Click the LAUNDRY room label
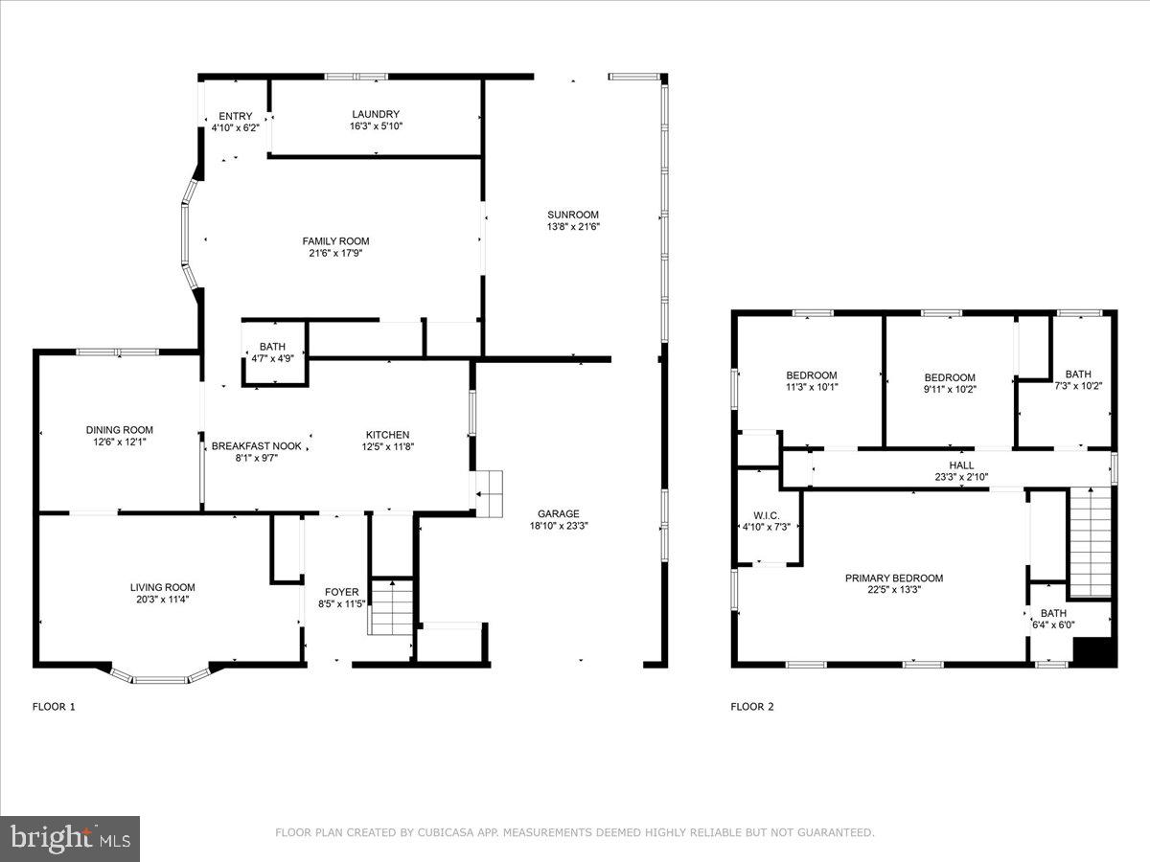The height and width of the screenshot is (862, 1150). (x=375, y=114)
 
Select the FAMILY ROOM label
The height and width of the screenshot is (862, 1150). (x=335, y=241)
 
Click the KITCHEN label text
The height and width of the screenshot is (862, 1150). (x=387, y=434)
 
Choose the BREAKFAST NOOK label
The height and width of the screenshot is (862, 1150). (x=256, y=445)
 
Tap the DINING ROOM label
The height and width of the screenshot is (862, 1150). (x=120, y=430)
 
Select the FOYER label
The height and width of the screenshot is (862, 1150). (x=341, y=592)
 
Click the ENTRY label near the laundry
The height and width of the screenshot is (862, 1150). (x=235, y=116)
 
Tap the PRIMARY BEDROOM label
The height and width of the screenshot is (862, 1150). (x=893, y=578)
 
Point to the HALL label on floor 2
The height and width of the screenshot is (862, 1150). (x=961, y=465)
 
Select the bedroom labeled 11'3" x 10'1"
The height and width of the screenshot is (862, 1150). (x=811, y=375)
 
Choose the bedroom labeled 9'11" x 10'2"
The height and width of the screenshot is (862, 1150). (x=949, y=377)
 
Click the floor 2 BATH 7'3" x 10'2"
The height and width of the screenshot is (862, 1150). (x=1077, y=374)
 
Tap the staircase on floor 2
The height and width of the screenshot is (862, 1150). (x=1090, y=541)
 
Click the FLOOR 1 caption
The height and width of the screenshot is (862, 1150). (x=54, y=707)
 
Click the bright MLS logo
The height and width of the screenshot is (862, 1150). (x=70, y=839)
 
